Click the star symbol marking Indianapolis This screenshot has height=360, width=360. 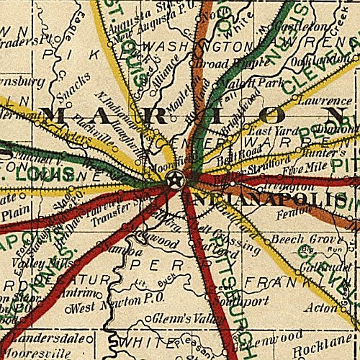tap(174, 179)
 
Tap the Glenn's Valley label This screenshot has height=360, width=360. tap(179, 318)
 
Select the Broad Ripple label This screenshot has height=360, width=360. tap(224, 62)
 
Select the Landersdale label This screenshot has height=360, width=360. tap(40, 336)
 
